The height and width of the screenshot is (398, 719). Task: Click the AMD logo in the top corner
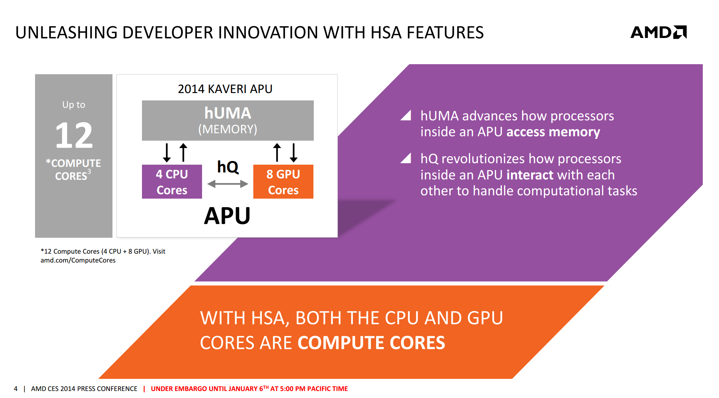pyautogui.click(x=659, y=32)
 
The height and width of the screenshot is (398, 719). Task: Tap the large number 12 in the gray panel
pyautogui.click(x=74, y=135)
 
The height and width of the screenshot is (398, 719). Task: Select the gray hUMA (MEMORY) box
pyautogui.click(x=228, y=120)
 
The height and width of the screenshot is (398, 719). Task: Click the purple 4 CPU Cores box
pyautogui.click(x=172, y=182)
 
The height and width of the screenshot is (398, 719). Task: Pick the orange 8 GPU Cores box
pyautogui.click(x=283, y=182)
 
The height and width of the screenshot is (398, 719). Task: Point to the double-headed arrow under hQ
pyautogui.click(x=228, y=184)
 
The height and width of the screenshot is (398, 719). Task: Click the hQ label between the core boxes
pyautogui.click(x=228, y=167)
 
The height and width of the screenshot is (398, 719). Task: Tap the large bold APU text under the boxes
pyautogui.click(x=227, y=216)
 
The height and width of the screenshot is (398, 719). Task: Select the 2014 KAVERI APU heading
pyautogui.click(x=225, y=89)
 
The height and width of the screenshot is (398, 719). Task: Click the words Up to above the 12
pyautogui.click(x=74, y=105)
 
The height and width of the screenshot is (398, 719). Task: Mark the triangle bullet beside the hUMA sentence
pyautogui.click(x=406, y=116)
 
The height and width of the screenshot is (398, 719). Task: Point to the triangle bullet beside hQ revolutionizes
pyautogui.click(x=406, y=158)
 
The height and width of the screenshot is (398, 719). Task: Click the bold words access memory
pyautogui.click(x=553, y=132)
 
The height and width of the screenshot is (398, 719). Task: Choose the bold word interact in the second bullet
pyautogui.click(x=530, y=175)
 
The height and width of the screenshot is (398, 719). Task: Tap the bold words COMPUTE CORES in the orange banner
pyautogui.click(x=371, y=343)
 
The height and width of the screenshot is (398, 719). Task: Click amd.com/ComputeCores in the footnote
pyautogui.click(x=78, y=260)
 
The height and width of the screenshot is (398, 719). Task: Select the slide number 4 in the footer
pyautogui.click(x=15, y=389)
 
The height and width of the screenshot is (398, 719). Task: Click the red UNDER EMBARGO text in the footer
pyautogui.click(x=249, y=389)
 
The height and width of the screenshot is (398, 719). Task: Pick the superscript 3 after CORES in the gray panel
pyautogui.click(x=89, y=172)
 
